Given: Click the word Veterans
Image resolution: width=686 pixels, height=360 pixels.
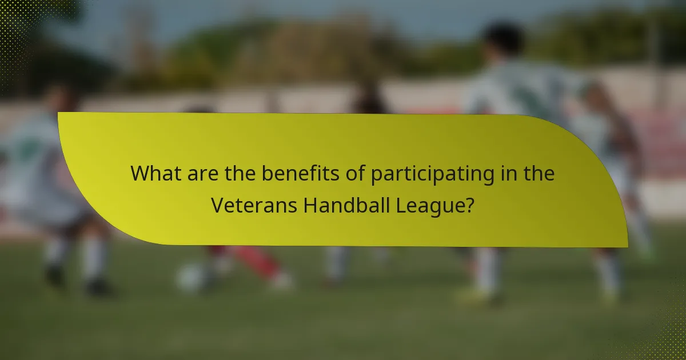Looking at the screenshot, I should tap(254, 205).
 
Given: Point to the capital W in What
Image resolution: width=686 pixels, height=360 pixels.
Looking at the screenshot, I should tap(139, 174).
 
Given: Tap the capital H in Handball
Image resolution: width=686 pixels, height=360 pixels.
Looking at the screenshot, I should tap(309, 205).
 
